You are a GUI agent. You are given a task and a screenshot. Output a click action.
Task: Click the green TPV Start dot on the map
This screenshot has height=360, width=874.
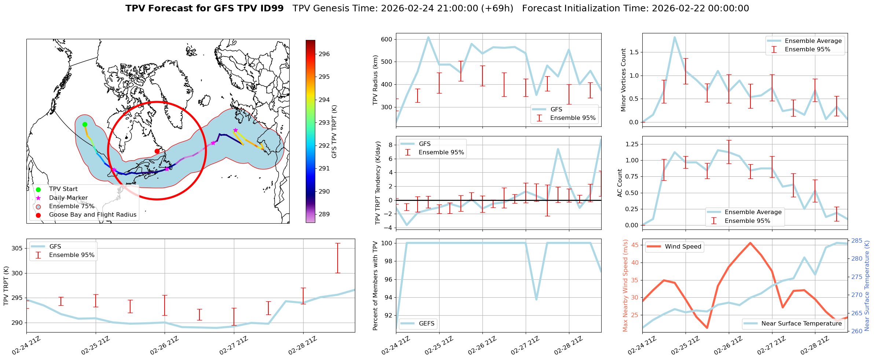coord(85,124)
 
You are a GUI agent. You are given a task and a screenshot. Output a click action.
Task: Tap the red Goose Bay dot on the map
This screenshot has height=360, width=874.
coord(157,151)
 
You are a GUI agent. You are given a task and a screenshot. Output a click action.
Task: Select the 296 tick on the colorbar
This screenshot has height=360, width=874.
coord(324,54)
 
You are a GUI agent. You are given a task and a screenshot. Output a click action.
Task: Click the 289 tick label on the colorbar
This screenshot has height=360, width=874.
coord(324,214)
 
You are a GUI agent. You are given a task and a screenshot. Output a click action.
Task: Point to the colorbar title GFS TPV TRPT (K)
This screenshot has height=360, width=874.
coord(334,132)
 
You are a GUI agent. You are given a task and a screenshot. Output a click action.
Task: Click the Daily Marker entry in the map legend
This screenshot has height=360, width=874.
coord(68,198)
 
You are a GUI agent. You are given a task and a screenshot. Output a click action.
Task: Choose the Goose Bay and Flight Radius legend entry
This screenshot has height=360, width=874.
coord(92,215)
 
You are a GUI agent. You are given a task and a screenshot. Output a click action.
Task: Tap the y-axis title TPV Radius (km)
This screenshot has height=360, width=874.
coord(375,80)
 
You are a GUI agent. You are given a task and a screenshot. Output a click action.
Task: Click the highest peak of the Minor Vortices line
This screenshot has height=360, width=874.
coord(674,37)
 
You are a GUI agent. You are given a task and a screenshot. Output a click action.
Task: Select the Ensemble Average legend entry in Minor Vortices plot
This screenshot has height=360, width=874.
coord(813,41)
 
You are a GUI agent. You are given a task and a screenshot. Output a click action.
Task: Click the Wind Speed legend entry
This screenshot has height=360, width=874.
coord(683,247)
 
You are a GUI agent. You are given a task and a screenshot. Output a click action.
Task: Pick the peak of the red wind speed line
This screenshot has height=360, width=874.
coord(750,243)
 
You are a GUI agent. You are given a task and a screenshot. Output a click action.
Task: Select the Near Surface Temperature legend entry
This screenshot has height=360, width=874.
coord(801,324)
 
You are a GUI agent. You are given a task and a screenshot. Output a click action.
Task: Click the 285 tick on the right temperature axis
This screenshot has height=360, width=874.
coord(857,241)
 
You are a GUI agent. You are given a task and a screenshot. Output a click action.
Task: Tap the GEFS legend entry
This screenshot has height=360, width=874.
coord(426,324)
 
